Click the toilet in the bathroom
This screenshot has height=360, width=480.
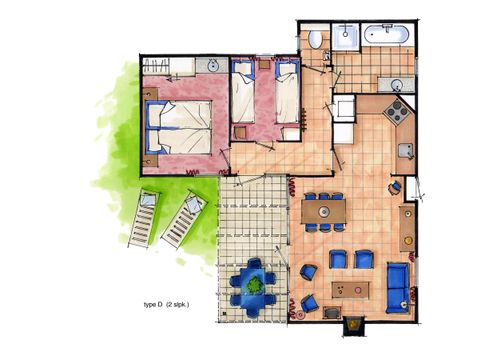pos(316,39)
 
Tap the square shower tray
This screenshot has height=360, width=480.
pos(346,37)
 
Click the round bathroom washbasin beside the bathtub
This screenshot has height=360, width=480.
pos(397,83)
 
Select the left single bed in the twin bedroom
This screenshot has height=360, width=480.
pos(243,97)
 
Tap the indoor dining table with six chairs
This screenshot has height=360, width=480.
pos(323,211)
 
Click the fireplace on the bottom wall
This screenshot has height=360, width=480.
pos(352,324)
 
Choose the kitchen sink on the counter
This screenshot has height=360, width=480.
pos(405,151)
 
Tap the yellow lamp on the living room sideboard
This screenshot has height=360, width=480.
pos(408,213)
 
